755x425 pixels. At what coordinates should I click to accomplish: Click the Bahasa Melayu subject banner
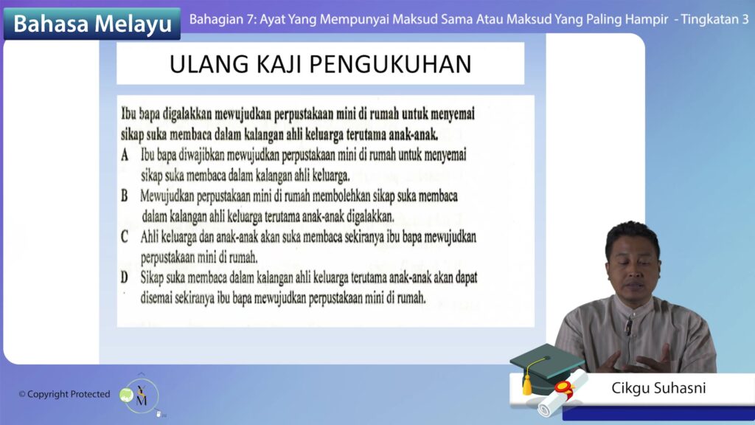point(92,24)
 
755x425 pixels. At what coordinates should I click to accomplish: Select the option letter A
point(125,155)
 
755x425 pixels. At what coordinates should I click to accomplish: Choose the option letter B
point(124,196)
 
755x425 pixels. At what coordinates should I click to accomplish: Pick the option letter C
point(124,237)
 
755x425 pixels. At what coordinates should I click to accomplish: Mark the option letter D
point(124,277)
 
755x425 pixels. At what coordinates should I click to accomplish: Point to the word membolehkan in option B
point(341,196)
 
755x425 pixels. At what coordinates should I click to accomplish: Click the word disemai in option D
point(156,298)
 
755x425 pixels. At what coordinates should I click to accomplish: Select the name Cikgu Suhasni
point(658,388)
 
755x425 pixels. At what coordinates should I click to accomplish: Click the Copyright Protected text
point(64,394)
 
